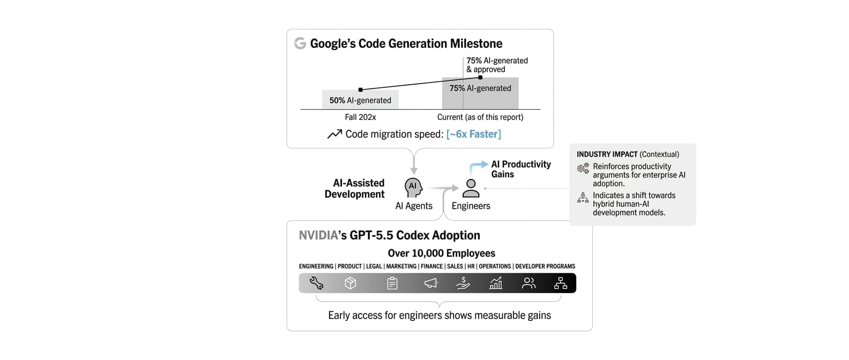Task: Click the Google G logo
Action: pos(300,43)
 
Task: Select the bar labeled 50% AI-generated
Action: pos(360,100)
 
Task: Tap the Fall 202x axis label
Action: pos(360,117)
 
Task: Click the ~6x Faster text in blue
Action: pos(473,134)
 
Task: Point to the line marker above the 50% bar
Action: pos(360,90)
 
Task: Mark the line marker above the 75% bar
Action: pos(480,77)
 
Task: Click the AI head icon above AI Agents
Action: pos(413,187)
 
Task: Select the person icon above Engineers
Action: pos(471,188)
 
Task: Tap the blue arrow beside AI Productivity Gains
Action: pos(477,167)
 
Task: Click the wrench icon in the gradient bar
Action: pos(316,283)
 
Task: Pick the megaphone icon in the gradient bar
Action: pos(431,283)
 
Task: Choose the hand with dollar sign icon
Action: pos(463,283)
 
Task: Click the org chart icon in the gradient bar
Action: pos(561,283)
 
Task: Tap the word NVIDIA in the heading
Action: pos(318,235)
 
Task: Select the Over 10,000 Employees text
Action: pos(442,253)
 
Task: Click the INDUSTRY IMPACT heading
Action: pos(607,154)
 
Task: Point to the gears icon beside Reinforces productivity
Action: pos(583,168)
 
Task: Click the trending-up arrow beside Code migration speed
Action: pos(334,134)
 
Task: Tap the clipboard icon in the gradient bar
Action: pos(392,283)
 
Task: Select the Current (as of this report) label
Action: pos(480,117)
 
